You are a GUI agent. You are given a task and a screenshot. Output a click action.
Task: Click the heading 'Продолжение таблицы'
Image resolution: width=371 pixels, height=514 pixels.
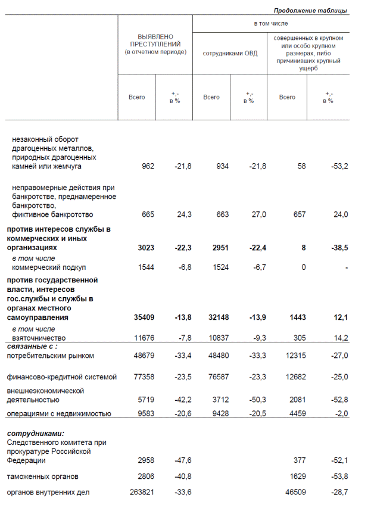[x=310, y=11]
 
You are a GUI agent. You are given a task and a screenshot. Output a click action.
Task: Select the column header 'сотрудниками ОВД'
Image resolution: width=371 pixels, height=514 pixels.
[x=230, y=54]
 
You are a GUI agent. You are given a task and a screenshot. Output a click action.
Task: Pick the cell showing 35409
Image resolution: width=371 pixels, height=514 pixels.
[x=144, y=318]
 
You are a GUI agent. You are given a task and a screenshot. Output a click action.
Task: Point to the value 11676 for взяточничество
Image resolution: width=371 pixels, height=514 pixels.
[x=144, y=338]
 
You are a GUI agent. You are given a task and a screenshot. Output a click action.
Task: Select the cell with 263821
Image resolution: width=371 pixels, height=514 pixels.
[x=142, y=492]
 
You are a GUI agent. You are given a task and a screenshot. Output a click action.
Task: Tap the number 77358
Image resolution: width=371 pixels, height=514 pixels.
[x=144, y=377]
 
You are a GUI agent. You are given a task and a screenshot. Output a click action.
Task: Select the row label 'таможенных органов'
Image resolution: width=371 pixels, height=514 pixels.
[x=42, y=476]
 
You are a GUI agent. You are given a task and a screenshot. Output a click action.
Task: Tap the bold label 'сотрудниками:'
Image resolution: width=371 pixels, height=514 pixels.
[x=35, y=434]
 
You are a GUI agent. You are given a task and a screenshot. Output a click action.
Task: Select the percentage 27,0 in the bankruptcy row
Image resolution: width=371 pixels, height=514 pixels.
[x=258, y=214]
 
